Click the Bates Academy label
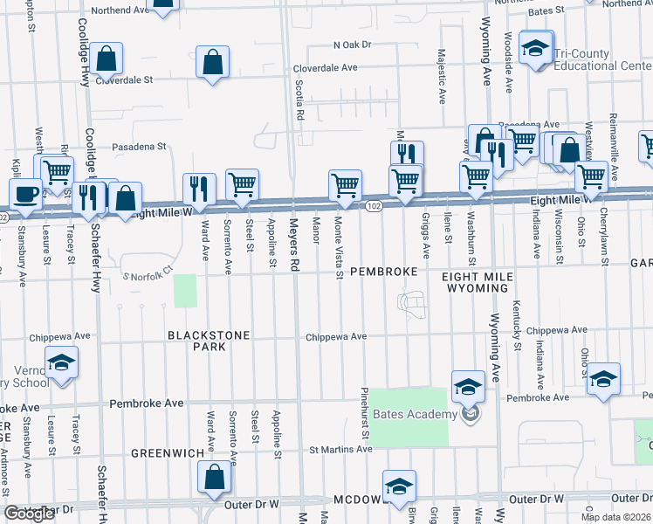point(415,414)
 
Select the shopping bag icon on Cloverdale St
point(106,59)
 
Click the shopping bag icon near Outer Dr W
point(214,477)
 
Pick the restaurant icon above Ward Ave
point(199,188)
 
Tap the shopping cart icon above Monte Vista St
point(345,185)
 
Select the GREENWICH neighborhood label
point(167,453)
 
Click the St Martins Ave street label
point(340,450)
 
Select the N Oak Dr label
point(352,44)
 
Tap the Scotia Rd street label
point(299,100)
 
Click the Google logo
point(30,514)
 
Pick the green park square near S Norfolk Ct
point(185,291)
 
